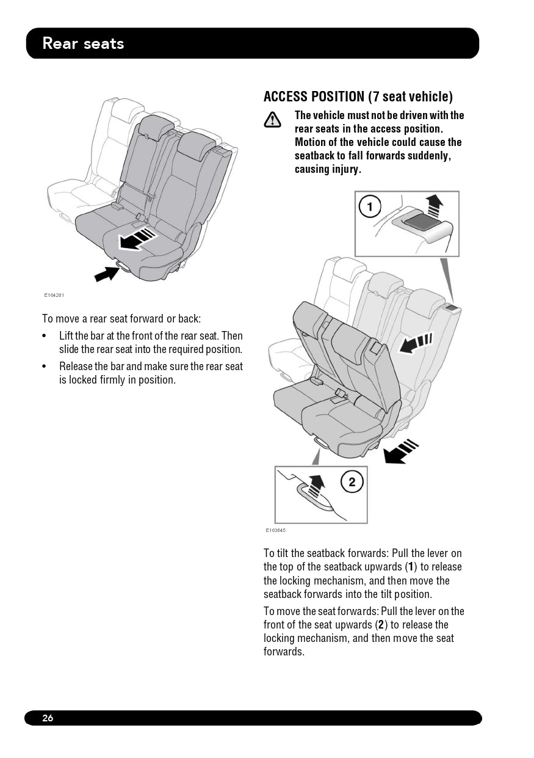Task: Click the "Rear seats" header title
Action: click(83, 43)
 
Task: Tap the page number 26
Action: click(48, 718)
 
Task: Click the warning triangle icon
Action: click(272, 120)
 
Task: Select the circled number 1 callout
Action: click(370, 206)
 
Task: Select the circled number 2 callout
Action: click(352, 482)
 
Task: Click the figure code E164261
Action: click(54, 295)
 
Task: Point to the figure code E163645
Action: click(276, 530)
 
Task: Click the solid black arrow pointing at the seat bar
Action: click(106, 274)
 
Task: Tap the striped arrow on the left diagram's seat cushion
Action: click(137, 239)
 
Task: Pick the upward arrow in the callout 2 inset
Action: click(316, 486)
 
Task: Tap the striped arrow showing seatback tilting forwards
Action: click(415, 343)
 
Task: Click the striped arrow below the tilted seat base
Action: click(400, 451)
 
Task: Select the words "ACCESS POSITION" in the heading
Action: click(314, 97)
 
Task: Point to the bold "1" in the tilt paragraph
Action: click(411, 566)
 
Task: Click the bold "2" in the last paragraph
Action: click(381, 625)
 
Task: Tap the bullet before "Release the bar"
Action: click(44, 366)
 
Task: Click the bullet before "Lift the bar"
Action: click(44, 336)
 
